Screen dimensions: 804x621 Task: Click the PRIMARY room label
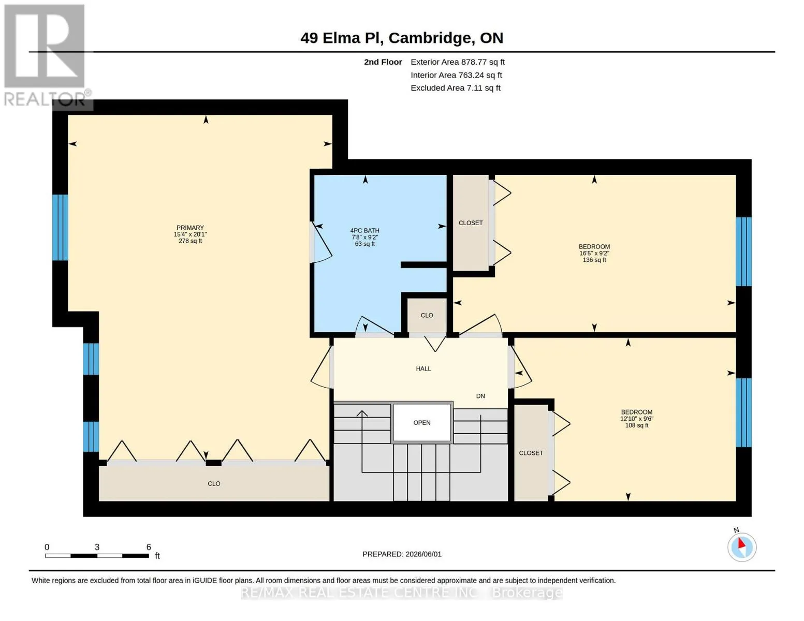(x=190, y=228)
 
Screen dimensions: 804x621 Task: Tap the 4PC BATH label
(x=365, y=231)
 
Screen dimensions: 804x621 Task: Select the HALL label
(x=423, y=369)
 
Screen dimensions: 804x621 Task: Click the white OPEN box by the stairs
(x=422, y=423)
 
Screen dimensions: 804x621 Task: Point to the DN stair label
(x=480, y=396)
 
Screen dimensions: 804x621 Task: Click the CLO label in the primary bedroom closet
(x=214, y=484)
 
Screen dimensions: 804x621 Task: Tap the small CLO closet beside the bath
(x=427, y=316)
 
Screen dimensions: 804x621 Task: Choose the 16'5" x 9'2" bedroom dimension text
(x=594, y=254)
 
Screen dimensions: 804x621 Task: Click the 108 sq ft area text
(x=637, y=425)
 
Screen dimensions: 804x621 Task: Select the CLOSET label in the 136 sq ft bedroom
(x=471, y=223)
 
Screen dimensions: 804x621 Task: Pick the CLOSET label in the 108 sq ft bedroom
(x=531, y=453)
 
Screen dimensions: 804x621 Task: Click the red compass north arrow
(x=741, y=543)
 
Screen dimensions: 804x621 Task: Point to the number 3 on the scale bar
(x=97, y=547)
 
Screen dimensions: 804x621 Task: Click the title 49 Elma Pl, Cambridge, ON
(x=402, y=38)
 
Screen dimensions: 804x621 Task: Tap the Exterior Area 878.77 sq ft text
(x=458, y=62)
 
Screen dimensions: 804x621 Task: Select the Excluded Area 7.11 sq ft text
(x=456, y=88)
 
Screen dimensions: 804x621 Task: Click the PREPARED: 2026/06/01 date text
(x=402, y=554)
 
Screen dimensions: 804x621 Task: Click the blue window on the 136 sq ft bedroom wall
(x=743, y=252)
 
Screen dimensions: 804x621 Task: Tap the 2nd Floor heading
(x=383, y=62)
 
